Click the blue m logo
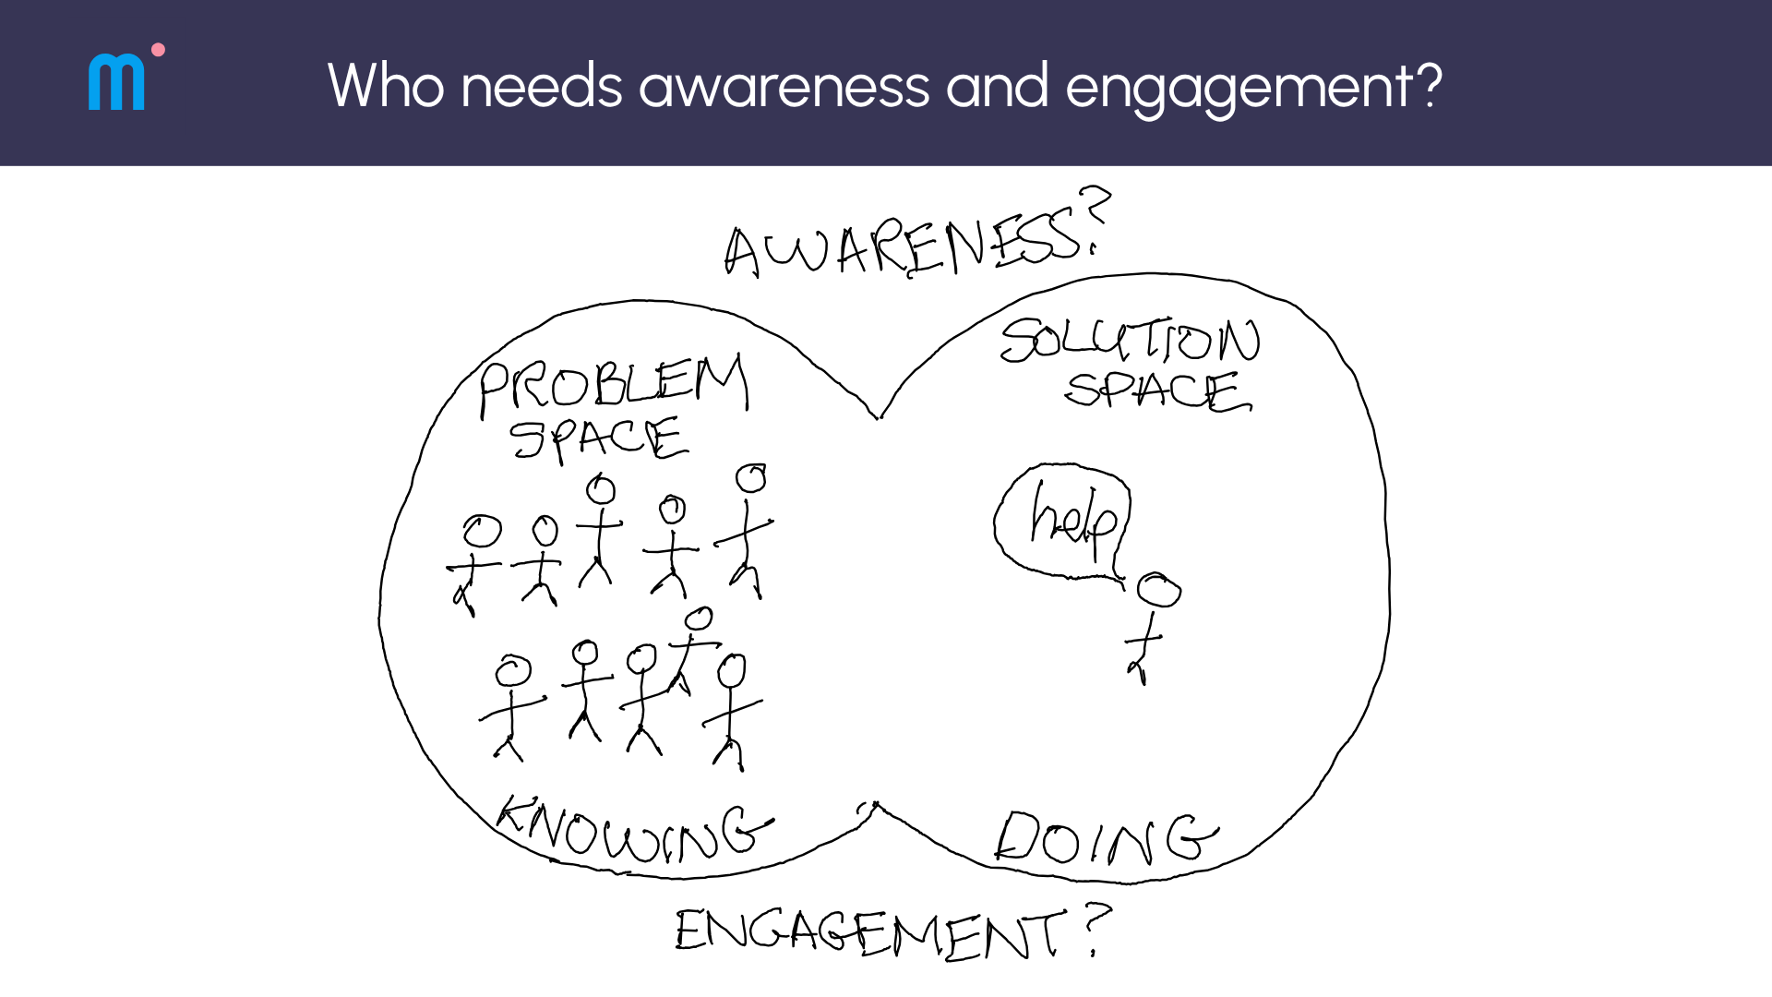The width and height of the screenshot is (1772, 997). click(x=116, y=82)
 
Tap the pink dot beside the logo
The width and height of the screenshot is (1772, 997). click(x=158, y=50)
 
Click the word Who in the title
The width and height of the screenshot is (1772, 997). click(x=385, y=86)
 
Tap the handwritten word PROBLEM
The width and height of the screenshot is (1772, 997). click(x=614, y=383)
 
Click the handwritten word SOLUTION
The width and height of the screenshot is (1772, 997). click(x=1130, y=340)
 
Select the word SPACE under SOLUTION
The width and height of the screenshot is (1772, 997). click(x=1157, y=390)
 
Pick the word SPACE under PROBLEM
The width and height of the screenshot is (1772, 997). click(x=599, y=438)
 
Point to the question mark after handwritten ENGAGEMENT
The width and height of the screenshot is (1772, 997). click(x=1096, y=928)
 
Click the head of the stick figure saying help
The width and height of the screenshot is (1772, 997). click(x=1158, y=590)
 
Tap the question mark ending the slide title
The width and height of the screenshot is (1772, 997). click(x=1427, y=86)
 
